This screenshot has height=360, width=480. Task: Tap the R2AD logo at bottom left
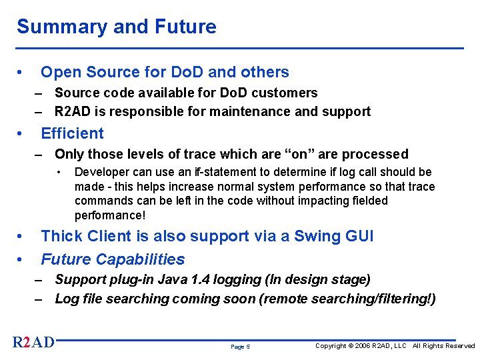click(x=33, y=343)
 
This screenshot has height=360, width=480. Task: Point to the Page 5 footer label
click(x=240, y=347)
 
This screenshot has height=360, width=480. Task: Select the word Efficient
click(x=73, y=133)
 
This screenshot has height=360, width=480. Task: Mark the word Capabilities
click(x=140, y=259)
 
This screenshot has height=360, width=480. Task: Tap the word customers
click(x=284, y=93)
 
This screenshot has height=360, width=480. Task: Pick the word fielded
click(x=369, y=201)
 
